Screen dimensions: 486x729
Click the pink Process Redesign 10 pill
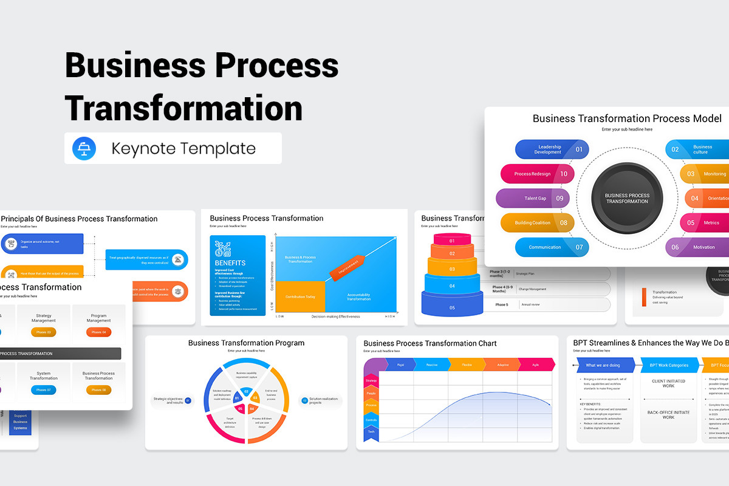click(x=537, y=174)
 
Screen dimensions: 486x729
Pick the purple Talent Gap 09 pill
click(x=533, y=198)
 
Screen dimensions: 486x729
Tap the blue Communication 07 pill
click(x=552, y=247)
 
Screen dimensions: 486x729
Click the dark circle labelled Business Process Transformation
click(x=627, y=199)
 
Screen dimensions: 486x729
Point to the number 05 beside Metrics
click(x=691, y=223)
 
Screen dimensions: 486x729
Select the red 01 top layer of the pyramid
click(x=452, y=241)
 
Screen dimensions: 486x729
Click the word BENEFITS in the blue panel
click(x=230, y=263)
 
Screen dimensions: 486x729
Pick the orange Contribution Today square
click(x=300, y=297)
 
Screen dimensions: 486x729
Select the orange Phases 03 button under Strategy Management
click(x=44, y=332)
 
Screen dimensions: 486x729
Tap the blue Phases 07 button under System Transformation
click(x=44, y=390)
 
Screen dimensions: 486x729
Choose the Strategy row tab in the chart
click(x=371, y=380)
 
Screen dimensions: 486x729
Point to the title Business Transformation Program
click(x=246, y=343)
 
